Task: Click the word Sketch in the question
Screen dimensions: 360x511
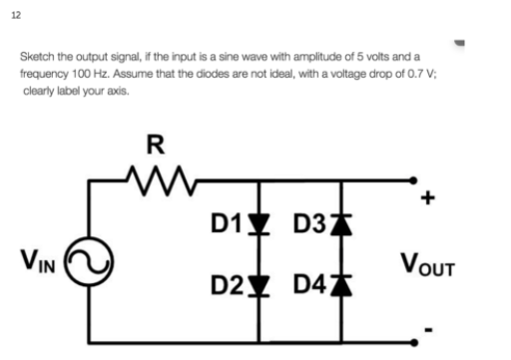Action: point(36,60)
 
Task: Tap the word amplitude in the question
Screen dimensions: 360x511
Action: point(286,60)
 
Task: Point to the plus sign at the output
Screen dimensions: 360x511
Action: point(430,198)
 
